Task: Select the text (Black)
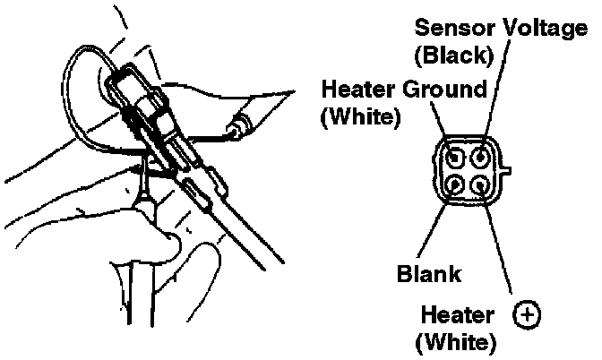click(453, 55)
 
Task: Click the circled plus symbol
click(528, 314)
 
